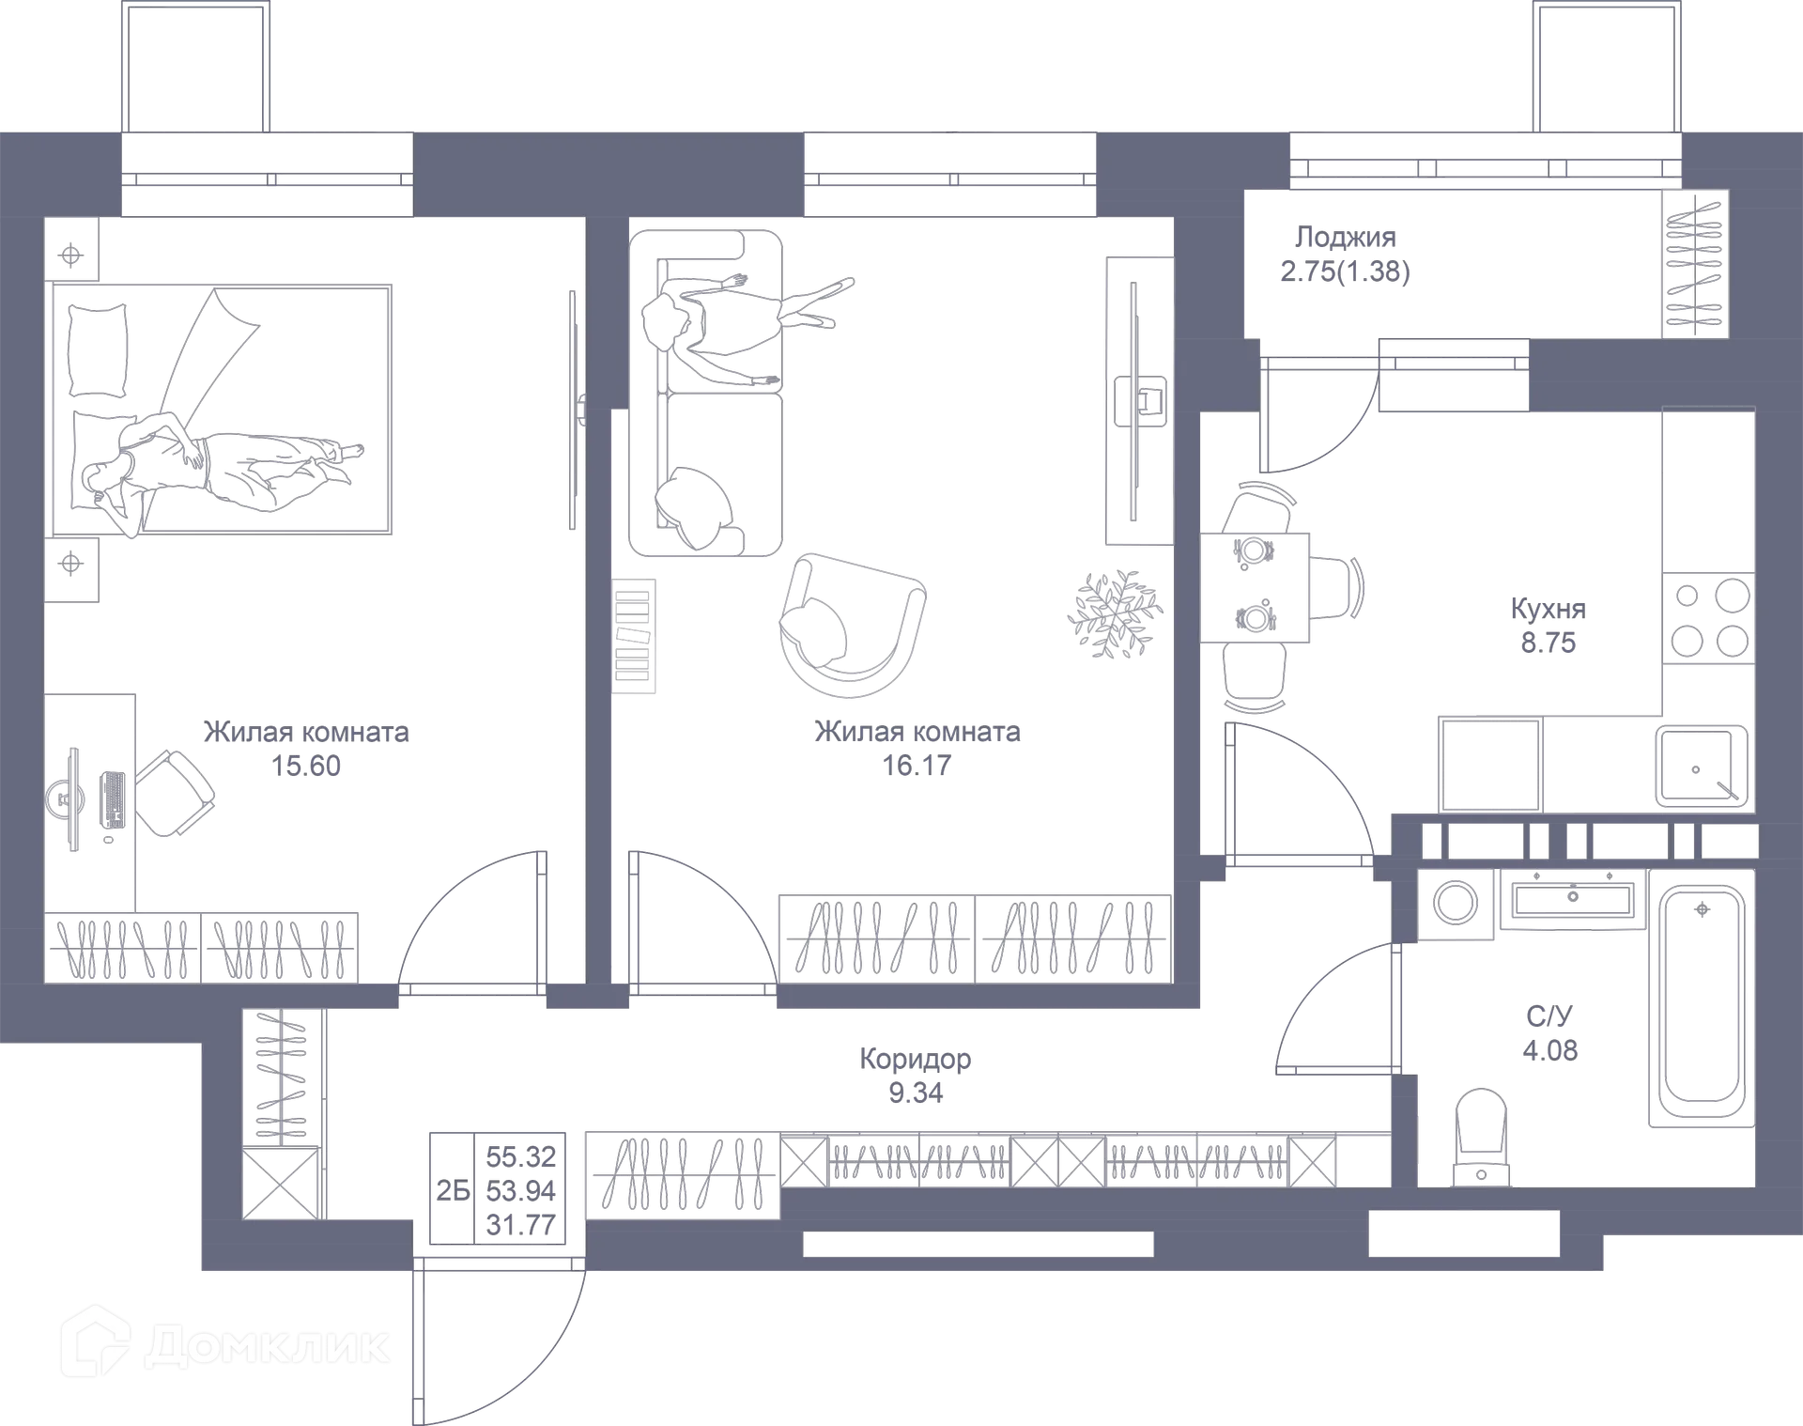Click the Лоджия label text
click(x=1345, y=237)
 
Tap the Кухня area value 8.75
click(x=1549, y=643)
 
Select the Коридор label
click(x=916, y=1059)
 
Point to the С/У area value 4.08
click(x=1550, y=1049)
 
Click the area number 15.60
click(x=308, y=766)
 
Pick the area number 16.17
click(x=917, y=766)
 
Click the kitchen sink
click(x=1702, y=766)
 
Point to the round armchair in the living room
click(x=851, y=625)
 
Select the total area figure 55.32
click(x=520, y=1155)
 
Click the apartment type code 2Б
click(x=453, y=1190)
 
